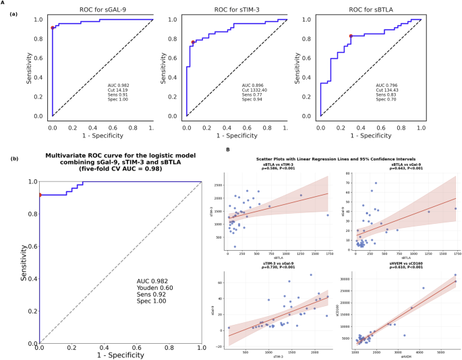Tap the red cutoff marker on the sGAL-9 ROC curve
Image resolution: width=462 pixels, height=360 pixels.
coord(53,28)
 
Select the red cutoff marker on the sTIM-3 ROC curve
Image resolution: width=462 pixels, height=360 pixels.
coord(193,42)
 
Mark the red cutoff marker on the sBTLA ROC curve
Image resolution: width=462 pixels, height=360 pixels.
coord(351,36)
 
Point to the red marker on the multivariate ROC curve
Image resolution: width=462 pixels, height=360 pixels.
coord(39,196)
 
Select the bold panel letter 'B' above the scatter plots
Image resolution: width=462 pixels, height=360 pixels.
coord(227,150)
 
